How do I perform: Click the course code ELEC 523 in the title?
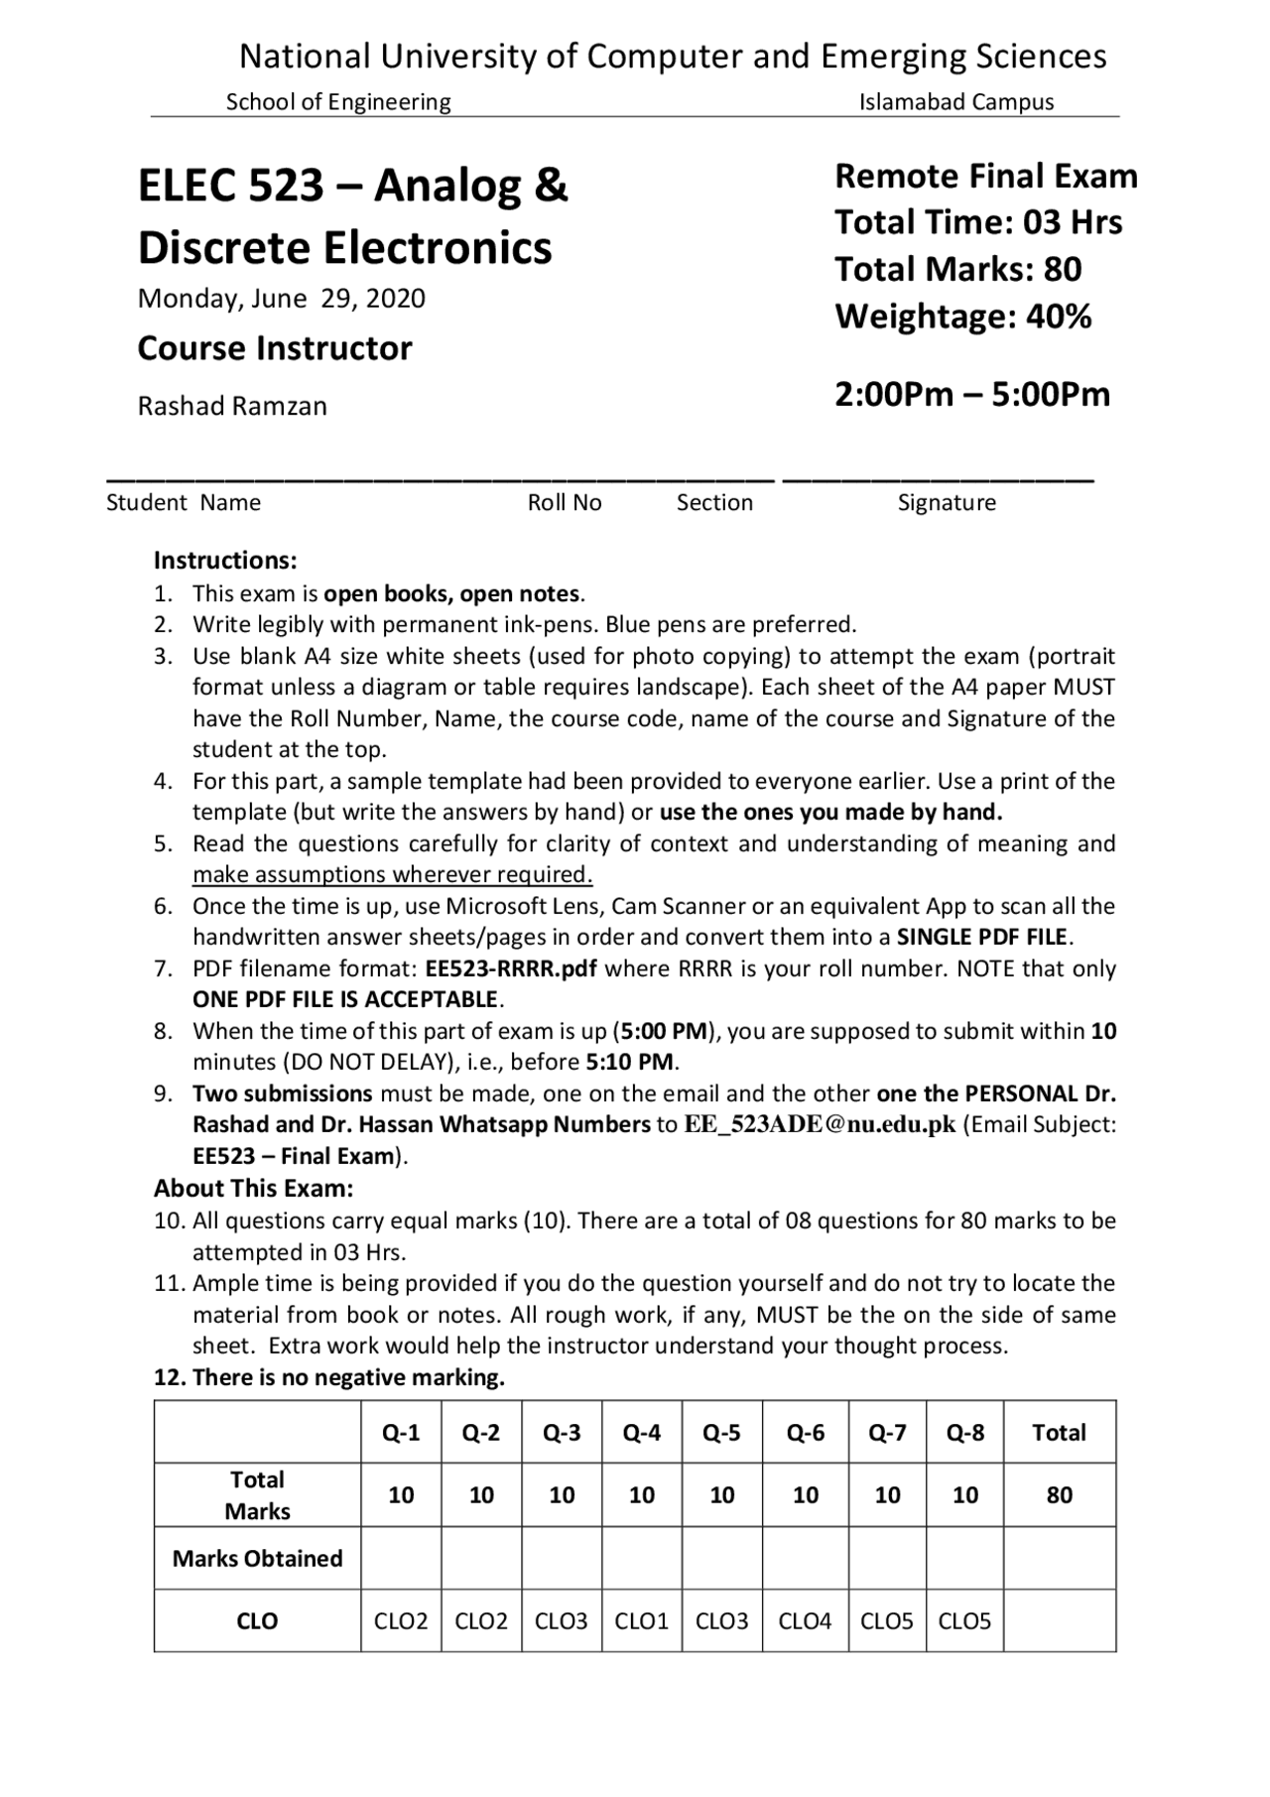tap(231, 186)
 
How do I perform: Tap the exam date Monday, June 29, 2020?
tap(281, 299)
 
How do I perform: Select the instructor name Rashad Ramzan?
tap(232, 406)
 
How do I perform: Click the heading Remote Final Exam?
tap(985, 176)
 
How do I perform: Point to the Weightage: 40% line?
tap(962, 317)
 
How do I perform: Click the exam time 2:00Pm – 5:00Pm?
tap(971, 394)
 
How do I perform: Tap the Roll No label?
tap(565, 502)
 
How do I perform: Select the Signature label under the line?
tap(946, 502)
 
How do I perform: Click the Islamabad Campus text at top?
tap(955, 101)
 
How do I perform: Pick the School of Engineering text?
tap(337, 101)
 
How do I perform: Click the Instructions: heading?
tap(225, 560)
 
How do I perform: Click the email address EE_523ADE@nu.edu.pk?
tap(820, 1124)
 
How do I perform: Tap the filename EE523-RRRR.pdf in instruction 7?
tap(510, 967)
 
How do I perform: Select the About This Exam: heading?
tap(253, 1188)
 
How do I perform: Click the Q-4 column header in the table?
tap(641, 1432)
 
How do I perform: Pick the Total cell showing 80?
tap(1059, 1494)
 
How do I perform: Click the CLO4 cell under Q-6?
tap(805, 1620)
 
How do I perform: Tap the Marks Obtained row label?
tap(257, 1558)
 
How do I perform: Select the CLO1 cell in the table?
tap(641, 1620)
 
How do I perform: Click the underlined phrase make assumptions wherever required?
tap(392, 874)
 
